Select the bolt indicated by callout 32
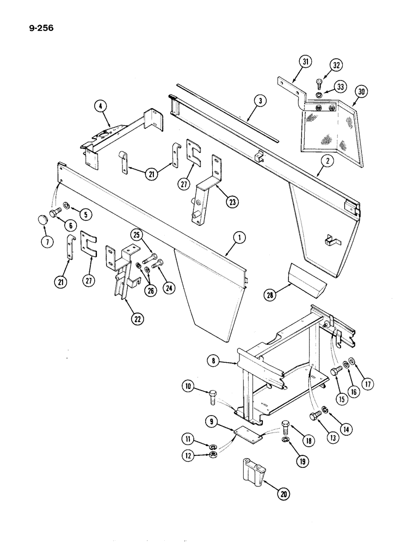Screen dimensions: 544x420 tap(319, 83)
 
